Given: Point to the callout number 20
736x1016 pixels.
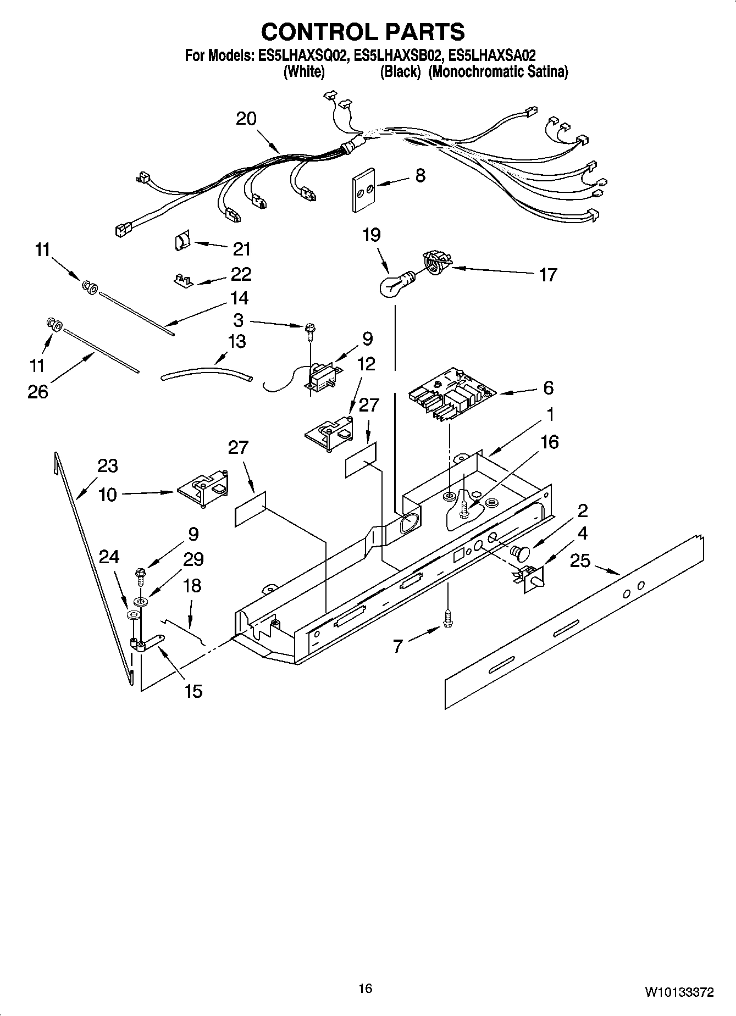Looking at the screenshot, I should tap(246, 119).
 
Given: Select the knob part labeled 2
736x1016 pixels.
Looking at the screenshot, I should tap(519, 551).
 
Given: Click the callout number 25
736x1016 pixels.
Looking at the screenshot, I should tap(580, 560).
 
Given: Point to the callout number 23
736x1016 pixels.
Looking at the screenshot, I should tap(108, 466).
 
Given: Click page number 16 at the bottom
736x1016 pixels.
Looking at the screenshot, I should tap(365, 989).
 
